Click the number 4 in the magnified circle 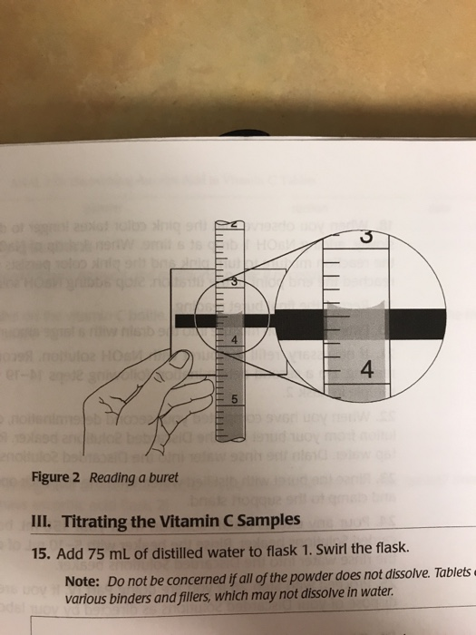click(366, 372)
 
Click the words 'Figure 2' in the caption click(58, 479)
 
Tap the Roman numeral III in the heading click(42, 520)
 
